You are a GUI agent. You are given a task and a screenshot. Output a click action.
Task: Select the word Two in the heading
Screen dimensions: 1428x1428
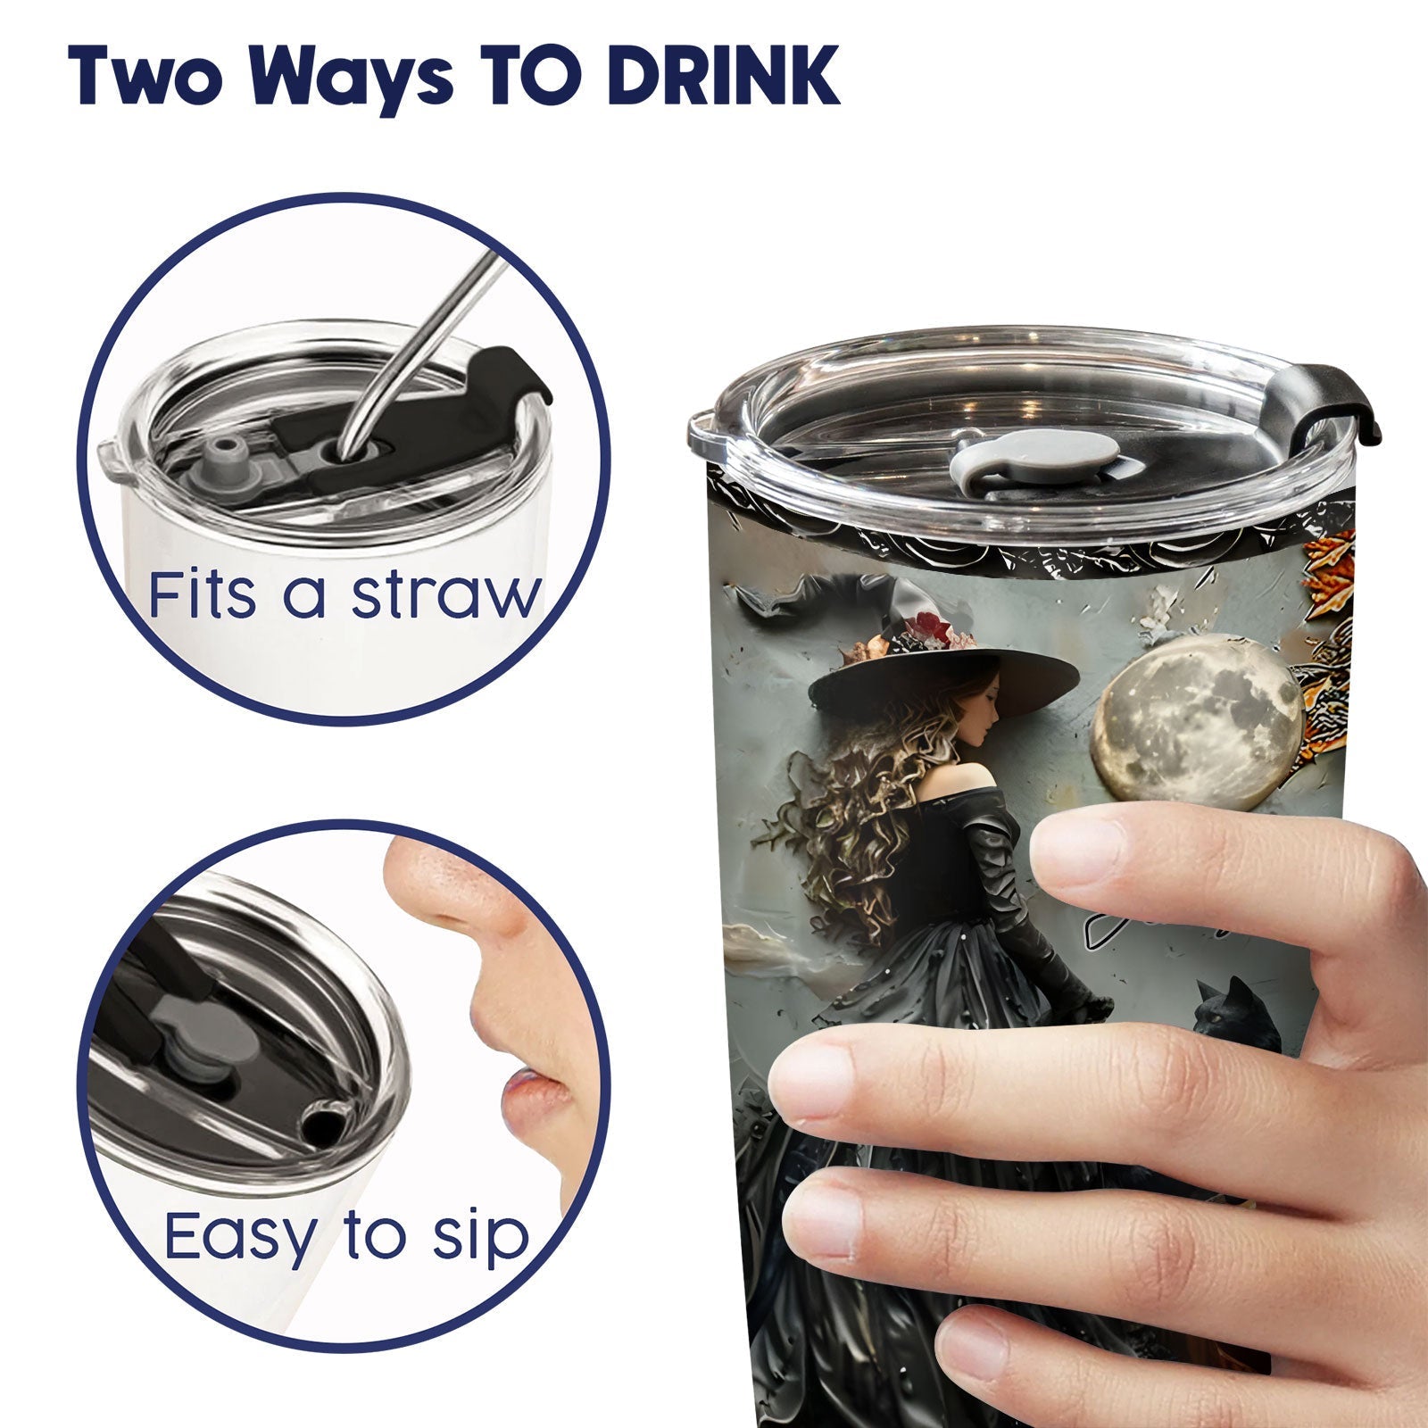click(148, 76)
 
